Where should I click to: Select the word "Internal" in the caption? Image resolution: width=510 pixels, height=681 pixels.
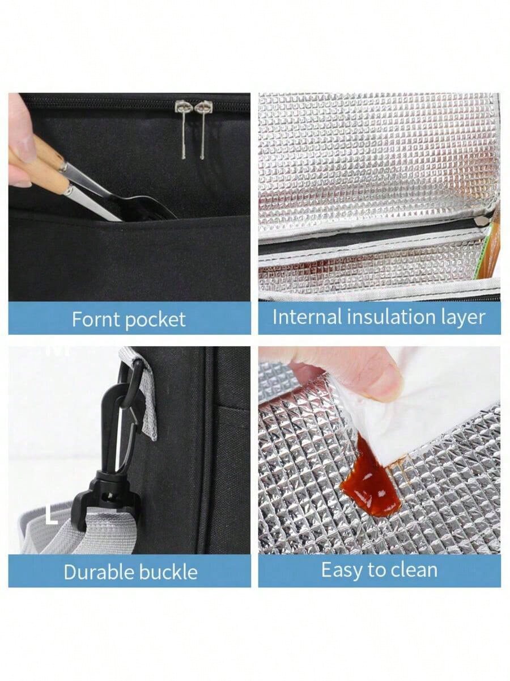point(307,317)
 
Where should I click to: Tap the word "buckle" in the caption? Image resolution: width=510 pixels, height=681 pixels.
point(168,572)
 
